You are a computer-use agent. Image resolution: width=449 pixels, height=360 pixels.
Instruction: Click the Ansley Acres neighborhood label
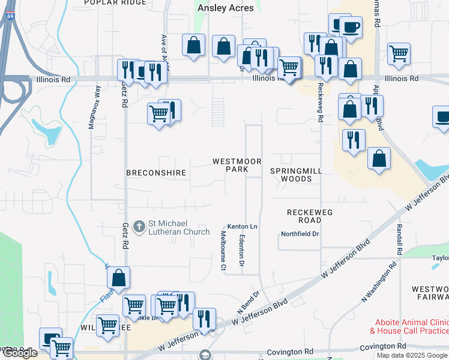[x=226, y=8]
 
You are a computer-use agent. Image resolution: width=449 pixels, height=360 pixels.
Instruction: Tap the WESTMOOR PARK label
[x=238, y=166]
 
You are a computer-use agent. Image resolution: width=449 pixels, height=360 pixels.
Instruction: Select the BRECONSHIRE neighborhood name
[x=156, y=173]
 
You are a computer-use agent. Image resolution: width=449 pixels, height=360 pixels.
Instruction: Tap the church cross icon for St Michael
[x=139, y=226]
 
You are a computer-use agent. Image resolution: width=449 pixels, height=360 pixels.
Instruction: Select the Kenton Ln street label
[x=242, y=226]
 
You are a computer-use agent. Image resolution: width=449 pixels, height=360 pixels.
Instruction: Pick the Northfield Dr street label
[x=300, y=233]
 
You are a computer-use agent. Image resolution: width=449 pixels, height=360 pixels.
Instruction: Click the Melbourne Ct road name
[x=223, y=249]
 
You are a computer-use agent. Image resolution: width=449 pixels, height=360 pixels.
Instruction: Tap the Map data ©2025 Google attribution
[x=412, y=355]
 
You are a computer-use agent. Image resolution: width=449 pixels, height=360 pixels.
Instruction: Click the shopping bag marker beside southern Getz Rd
[x=119, y=278]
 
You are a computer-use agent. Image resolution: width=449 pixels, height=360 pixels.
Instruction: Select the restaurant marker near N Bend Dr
[x=205, y=319]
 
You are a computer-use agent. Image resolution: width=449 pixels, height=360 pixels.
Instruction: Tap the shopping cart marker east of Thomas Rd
[x=399, y=55]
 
